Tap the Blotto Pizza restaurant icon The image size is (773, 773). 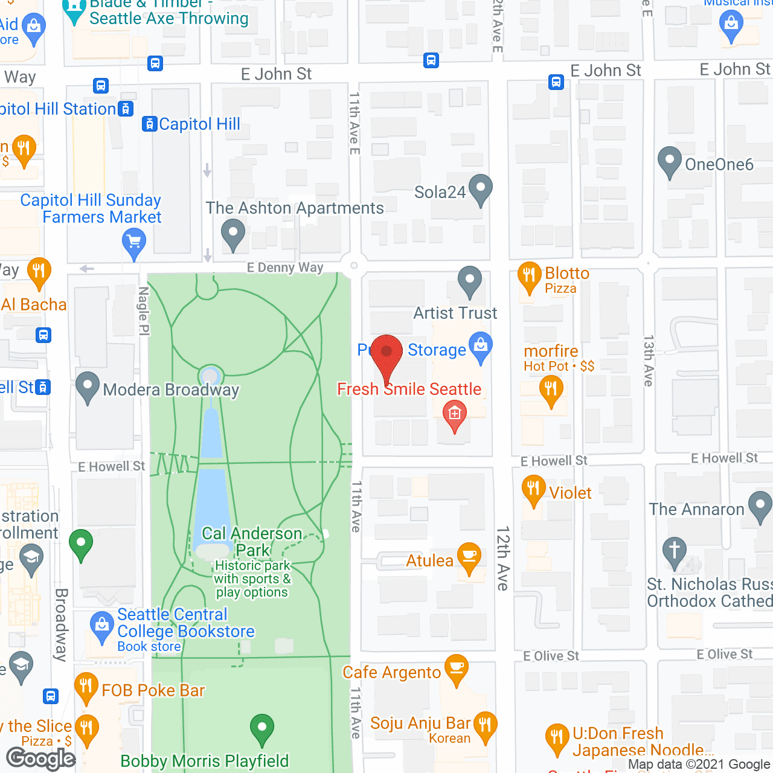click(529, 277)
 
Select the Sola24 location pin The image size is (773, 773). click(480, 189)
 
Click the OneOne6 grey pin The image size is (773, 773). click(669, 161)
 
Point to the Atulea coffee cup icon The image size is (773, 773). click(469, 557)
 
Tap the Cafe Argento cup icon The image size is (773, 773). click(457, 669)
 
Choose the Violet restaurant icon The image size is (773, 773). click(533, 489)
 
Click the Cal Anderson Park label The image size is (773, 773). click(252, 542)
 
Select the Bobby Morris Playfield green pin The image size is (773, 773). click(262, 728)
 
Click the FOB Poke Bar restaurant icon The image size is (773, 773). click(86, 687)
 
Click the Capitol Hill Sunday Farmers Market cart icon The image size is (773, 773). click(134, 245)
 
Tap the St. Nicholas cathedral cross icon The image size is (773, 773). click(675, 551)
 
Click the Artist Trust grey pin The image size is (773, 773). click(469, 281)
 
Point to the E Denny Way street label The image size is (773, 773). click(285, 268)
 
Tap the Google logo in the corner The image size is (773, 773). click(41, 759)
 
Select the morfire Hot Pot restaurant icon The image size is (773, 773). click(551, 390)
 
